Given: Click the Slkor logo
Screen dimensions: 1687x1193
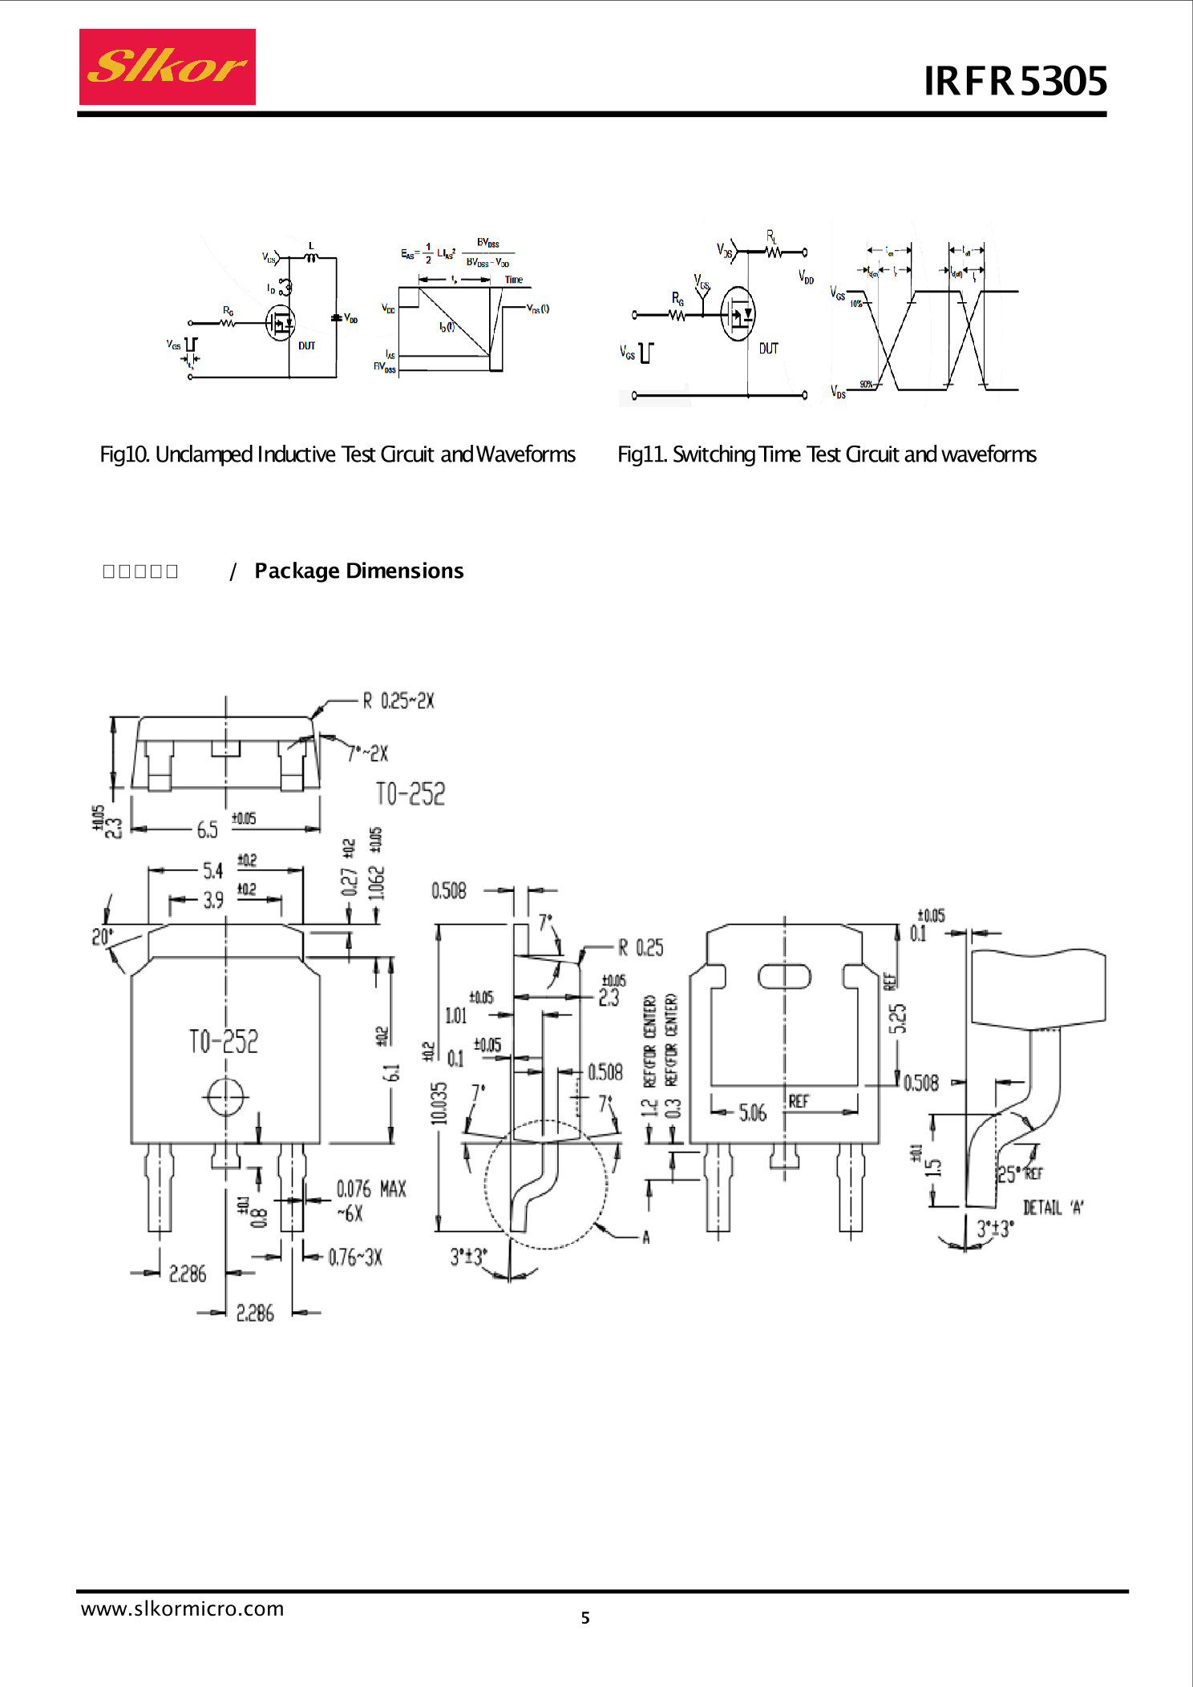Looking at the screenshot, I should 167,67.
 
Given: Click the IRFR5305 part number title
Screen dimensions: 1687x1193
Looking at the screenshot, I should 1015,81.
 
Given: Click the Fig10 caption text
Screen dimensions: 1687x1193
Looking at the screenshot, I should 337,454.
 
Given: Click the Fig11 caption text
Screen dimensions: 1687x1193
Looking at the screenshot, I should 826,454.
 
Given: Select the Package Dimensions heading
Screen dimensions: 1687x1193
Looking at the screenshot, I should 358,571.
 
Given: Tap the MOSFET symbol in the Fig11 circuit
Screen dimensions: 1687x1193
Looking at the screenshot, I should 738,314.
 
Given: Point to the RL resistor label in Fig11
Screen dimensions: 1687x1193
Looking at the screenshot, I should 771,236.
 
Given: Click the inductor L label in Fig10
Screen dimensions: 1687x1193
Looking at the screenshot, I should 311,246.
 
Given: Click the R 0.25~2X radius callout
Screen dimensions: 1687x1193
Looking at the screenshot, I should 398,701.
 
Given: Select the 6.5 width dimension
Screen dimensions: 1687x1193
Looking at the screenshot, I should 207,829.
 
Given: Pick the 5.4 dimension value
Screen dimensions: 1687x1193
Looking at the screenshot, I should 212,870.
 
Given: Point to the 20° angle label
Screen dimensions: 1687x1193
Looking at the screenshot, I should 103,937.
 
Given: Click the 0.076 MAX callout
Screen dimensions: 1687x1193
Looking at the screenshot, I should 370,1189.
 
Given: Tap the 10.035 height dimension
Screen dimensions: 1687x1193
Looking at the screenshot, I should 439,1104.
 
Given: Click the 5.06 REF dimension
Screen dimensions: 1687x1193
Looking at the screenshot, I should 753,1112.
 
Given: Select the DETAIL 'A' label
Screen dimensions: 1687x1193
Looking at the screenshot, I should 1053,1208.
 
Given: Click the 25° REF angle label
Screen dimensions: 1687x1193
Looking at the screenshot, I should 1018,1174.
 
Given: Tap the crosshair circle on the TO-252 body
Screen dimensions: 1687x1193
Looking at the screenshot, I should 226,1096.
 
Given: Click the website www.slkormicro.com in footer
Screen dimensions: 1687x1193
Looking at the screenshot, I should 183,1608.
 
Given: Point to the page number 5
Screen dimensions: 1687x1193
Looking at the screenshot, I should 585,1617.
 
